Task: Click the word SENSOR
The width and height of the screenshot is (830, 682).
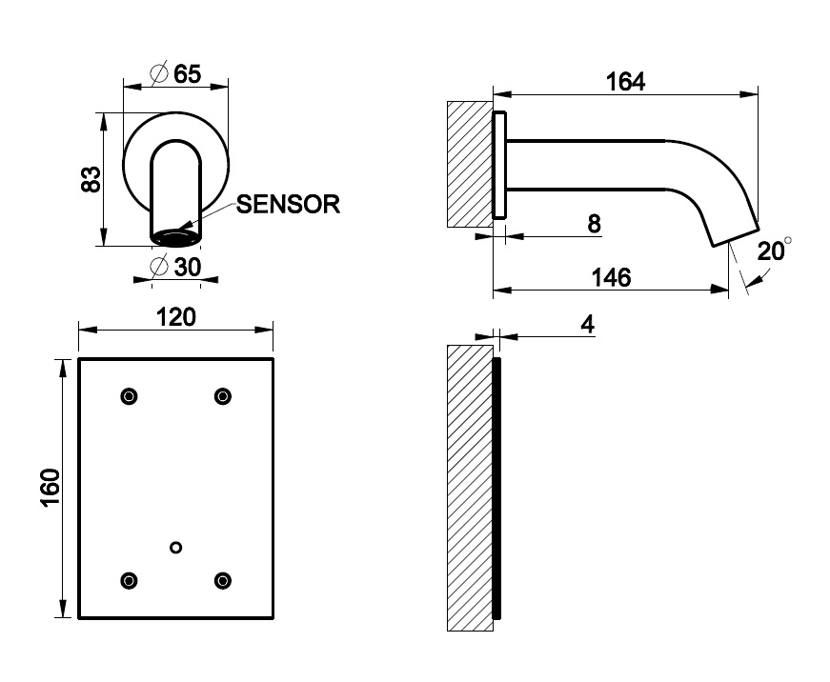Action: pos(288,204)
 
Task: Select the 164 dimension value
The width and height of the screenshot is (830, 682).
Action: pos(626,82)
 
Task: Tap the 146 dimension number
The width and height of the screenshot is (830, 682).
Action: pos(612,277)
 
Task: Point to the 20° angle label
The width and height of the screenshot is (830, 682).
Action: pos(773,251)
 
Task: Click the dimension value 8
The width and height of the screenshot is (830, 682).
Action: pos(594,224)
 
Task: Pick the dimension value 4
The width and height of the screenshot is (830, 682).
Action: pos(587,325)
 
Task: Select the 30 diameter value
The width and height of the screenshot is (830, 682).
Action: pos(187,268)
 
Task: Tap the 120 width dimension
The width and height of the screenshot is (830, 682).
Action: pos(176,316)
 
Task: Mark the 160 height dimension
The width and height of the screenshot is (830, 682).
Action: pos(51,488)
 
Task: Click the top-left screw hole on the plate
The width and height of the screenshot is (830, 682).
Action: pos(129,396)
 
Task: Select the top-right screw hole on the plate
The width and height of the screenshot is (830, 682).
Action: pos(223,396)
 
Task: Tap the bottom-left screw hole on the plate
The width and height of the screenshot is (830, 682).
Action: pos(129,579)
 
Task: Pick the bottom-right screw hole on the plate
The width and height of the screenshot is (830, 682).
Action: pos(223,579)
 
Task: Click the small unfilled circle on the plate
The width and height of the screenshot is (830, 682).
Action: pos(175,547)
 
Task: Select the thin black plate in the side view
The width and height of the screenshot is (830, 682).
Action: pos(496,488)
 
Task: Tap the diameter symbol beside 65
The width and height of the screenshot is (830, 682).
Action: pos(160,73)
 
